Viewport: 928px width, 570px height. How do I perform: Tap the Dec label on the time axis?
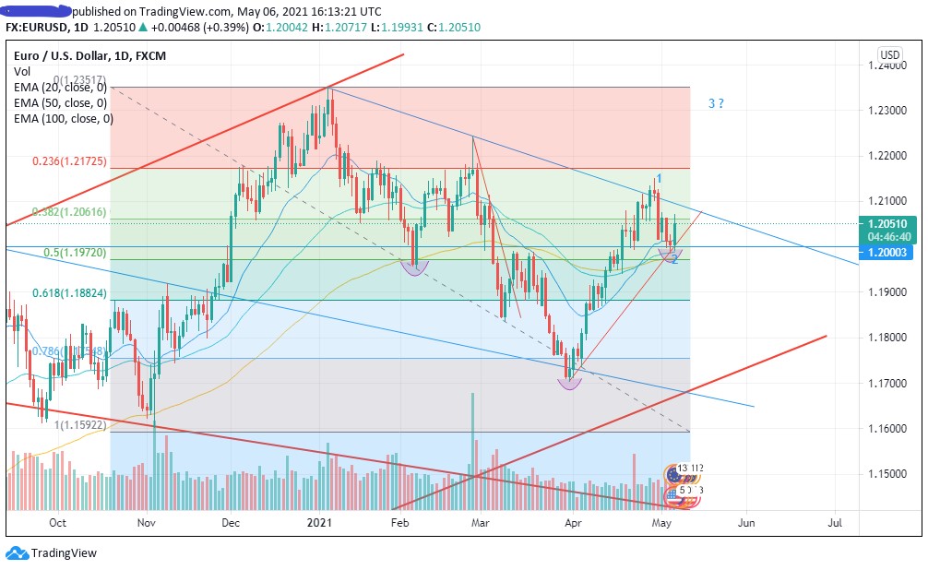coord(232,523)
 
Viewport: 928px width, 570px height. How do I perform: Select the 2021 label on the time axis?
coord(319,523)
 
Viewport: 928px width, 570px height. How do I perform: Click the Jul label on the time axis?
coord(836,523)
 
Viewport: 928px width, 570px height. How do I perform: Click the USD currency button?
coord(890,54)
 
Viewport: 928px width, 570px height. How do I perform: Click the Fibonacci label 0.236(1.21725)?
coord(70,161)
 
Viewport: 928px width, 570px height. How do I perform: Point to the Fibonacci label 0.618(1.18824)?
coord(70,293)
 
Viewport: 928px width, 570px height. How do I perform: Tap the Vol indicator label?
coord(22,71)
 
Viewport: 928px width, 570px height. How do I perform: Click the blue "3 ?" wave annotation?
coord(715,103)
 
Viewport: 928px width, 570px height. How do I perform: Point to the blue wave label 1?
coord(659,177)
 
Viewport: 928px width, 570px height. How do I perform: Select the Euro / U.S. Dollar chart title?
coord(69,55)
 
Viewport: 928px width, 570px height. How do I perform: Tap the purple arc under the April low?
coord(570,384)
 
